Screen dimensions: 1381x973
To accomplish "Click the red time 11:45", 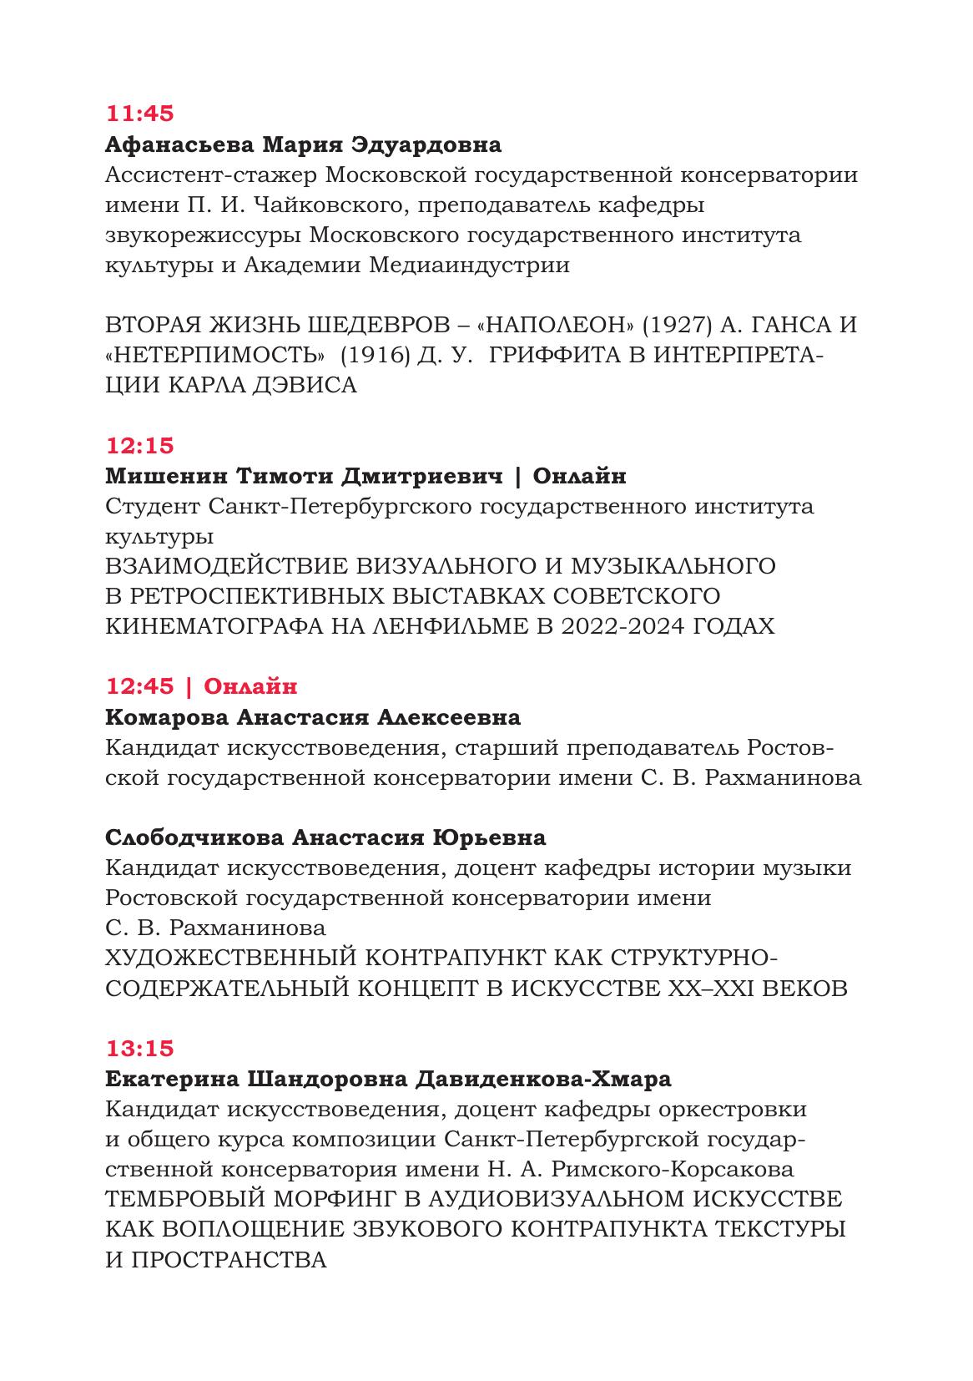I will pos(139,113).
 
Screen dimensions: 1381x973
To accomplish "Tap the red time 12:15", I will pos(139,445).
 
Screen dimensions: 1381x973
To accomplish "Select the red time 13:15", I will pos(139,1048).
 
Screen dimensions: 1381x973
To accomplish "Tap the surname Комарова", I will pos(167,717).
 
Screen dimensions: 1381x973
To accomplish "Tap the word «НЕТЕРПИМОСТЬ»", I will pos(215,355).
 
